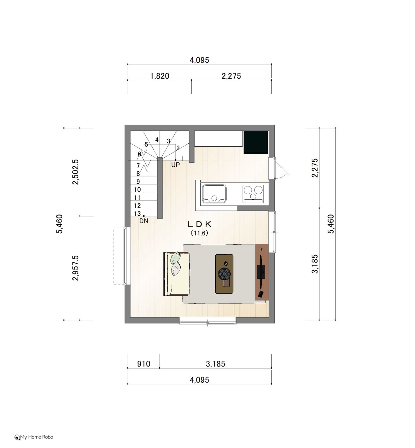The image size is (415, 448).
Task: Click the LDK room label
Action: coord(200,224)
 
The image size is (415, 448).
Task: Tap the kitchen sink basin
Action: coord(214,193)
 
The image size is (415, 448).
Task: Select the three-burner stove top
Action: coord(253,193)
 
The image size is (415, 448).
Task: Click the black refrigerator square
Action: coord(256,142)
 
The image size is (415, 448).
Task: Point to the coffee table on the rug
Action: coord(224,274)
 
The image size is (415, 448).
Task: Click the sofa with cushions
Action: coord(177,274)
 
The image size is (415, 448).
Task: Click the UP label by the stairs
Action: coord(176,165)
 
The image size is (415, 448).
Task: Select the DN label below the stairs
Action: coord(144,221)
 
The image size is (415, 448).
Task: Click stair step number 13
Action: coord(137,214)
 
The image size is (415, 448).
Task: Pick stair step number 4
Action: coord(157,140)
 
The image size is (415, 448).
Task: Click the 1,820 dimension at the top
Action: coord(160,76)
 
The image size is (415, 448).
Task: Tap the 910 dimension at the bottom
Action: coord(144,364)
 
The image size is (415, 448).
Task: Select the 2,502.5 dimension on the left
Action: coord(75,172)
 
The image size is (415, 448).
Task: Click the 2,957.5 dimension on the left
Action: coord(75,268)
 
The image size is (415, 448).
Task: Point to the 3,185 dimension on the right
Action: coord(315,264)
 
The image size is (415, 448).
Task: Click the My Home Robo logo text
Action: coord(36,437)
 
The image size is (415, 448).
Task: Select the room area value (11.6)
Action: coord(200,233)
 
